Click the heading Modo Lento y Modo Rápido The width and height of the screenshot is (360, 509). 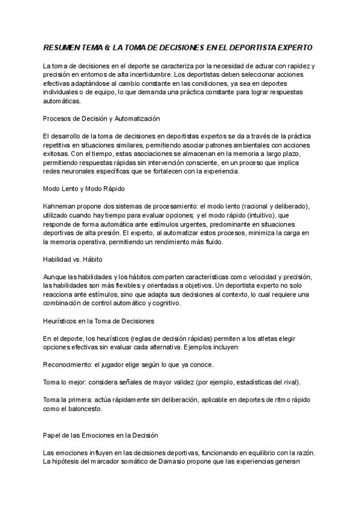80,188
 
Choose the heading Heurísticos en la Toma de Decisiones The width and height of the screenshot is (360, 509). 100,321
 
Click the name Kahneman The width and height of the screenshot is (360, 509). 60,205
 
